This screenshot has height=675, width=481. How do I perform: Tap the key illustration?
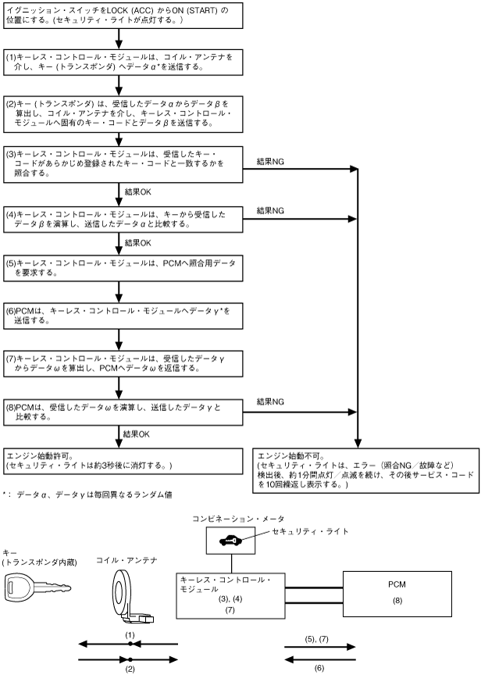(37, 587)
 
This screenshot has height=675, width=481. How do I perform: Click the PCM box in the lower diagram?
(397, 594)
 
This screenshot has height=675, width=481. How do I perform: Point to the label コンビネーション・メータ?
(238, 519)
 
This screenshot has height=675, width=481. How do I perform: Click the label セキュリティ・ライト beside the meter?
(310, 531)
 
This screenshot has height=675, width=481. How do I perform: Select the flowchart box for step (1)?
(123, 62)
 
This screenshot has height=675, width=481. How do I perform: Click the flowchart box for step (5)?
(123, 268)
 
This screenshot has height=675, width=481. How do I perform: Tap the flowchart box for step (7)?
(123, 363)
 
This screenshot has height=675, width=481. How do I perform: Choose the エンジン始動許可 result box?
(123, 461)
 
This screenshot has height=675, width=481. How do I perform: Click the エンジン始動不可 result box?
(365, 470)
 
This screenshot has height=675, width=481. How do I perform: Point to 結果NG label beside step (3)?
(270, 162)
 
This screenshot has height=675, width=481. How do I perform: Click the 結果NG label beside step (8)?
(270, 402)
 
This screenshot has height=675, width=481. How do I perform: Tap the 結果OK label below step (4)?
(137, 243)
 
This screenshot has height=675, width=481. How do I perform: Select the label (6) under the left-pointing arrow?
(319, 668)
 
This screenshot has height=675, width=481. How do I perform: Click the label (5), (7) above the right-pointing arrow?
(316, 639)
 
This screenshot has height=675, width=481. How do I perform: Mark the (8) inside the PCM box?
(397, 600)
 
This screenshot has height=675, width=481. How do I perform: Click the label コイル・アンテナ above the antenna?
(126, 560)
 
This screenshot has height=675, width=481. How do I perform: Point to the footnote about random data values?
(87, 495)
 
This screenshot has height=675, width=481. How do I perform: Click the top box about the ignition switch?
(123, 16)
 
